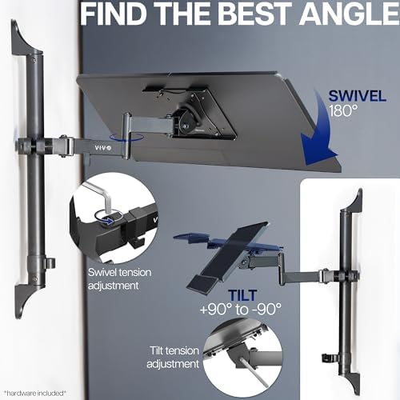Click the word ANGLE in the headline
[350, 14]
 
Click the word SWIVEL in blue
[358, 96]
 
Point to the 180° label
[343, 110]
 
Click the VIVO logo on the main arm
[103, 148]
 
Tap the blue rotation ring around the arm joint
[127, 138]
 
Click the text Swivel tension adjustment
[119, 279]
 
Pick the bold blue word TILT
[242, 295]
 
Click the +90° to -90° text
[241, 310]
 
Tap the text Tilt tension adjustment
[174, 358]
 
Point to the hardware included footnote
[35, 393]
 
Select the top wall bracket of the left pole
[26, 40]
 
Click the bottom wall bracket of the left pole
[26, 298]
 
